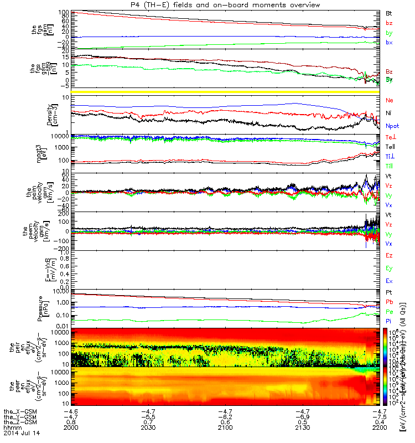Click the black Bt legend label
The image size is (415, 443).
pyautogui.click(x=389, y=12)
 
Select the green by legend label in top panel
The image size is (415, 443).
pyautogui.click(x=389, y=33)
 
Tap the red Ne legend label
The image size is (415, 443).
pyautogui.click(x=390, y=100)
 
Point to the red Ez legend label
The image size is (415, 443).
pyautogui.click(x=390, y=255)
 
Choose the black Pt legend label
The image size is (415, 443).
pyautogui.click(x=389, y=291)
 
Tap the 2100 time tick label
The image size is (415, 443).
pyautogui.click(x=225, y=429)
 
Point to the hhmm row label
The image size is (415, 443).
pyautogui.click(x=11, y=429)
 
